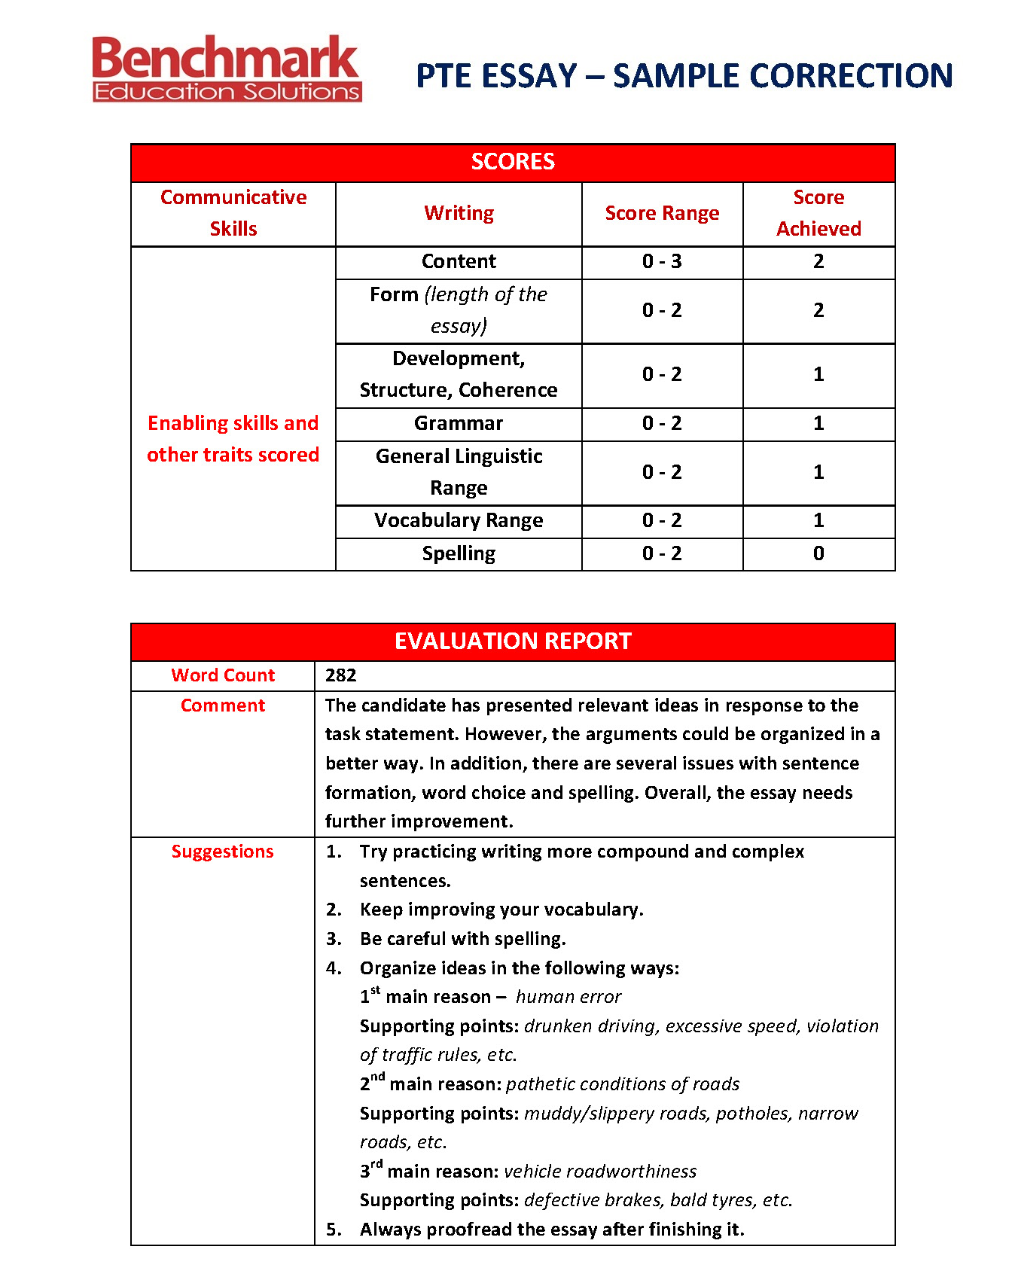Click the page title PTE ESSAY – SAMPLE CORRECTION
click(684, 76)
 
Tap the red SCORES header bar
click(513, 162)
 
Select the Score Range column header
click(662, 214)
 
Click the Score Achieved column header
click(818, 213)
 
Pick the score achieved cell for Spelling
click(818, 553)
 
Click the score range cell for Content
click(662, 262)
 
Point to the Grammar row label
click(459, 424)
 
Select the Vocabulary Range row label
click(459, 521)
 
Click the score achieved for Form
click(818, 311)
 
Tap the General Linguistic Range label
click(459, 472)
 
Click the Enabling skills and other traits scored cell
click(233, 439)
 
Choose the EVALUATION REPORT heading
click(513, 642)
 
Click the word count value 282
click(341, 675)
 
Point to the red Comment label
click(223, 706)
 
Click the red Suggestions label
click(223, 852)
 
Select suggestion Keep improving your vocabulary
click(501, 910)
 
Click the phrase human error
click(568, 997)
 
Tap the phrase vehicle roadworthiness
click(600, 1172)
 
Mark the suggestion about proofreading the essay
click(552, 1230)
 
